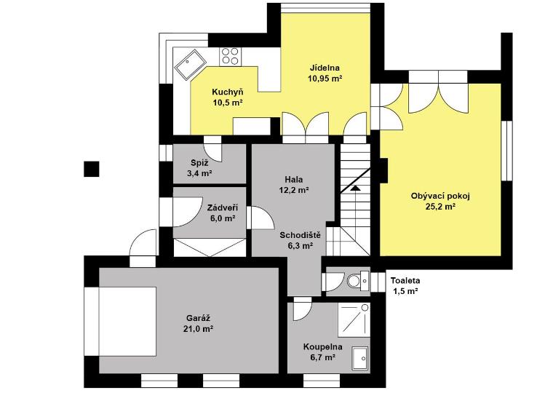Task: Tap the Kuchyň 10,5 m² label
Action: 228,98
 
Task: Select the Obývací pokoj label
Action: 440,196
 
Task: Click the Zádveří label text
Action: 223,208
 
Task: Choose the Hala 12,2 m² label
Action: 294,185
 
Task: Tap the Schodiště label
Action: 301,235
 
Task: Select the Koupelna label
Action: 322,347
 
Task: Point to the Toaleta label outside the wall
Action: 405,280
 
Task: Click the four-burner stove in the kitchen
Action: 230,56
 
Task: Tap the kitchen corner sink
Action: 191,63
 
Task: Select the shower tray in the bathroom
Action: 354,319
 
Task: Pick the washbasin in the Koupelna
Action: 360,358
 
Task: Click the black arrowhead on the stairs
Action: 355,188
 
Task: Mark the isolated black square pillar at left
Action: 92,169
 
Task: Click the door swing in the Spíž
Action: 212,149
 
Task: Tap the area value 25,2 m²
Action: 440,207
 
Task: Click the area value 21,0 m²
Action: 198,329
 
